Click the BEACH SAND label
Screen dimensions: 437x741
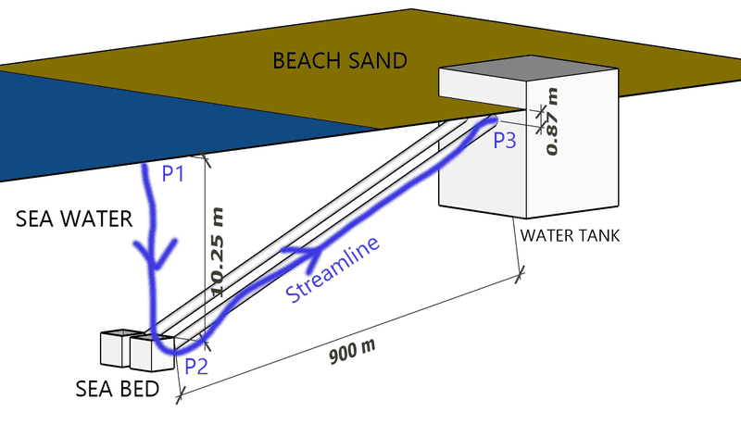pyautogui.click(x=339, y=62)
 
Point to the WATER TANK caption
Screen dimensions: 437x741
pyautogui.click(x=569, y=235)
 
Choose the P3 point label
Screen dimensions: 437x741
pyautogui.click(x=508, y=141)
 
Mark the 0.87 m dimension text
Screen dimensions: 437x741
pyautogui.click(x=553, y=121)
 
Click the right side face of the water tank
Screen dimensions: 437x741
pyautogui.click(x=572, y=148)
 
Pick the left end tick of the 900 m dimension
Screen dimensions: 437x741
pyautogui.click(x=180, y=395)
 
